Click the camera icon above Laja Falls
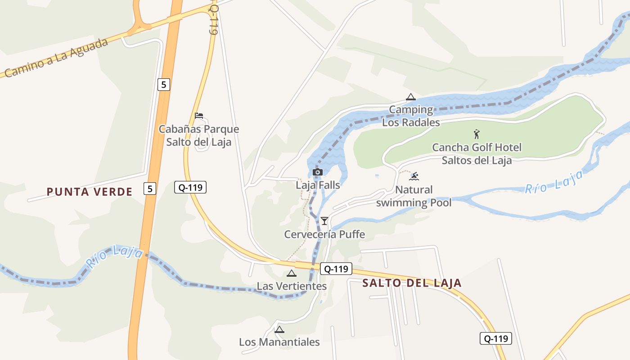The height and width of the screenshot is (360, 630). [x=317, y=172]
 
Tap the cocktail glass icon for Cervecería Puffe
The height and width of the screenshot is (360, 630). [x=324, y=220]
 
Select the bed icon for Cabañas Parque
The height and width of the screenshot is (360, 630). [x=199, y=116]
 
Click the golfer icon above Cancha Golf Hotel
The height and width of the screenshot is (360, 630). [x=477, y=134]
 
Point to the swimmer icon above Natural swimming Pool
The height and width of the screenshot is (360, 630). [x=414, y=176]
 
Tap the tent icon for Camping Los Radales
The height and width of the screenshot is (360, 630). [x=410, y=97]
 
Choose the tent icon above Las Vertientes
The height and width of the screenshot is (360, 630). [x=292, y=273]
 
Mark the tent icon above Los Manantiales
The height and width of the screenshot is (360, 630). [x=279, y=329]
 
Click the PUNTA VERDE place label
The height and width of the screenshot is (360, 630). [x=90, y=192]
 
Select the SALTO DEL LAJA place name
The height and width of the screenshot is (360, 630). [x=412, y=283]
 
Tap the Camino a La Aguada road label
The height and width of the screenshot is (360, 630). [x=57, y=58]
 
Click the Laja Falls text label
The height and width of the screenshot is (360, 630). [x=318, y=184]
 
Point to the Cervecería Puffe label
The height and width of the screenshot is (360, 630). [x=324, y=234]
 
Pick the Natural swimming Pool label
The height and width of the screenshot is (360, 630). [x=414, y=196]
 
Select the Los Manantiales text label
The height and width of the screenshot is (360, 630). [x=279, y=342]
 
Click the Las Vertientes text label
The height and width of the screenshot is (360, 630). [x=292, y=286]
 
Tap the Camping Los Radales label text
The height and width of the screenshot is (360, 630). [x=411, y=116]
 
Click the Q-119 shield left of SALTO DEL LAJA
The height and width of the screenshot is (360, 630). [x=336, y=269]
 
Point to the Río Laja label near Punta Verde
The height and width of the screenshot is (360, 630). [x=116, y=256]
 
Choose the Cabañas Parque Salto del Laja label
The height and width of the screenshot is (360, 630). [x=199, y=135]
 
